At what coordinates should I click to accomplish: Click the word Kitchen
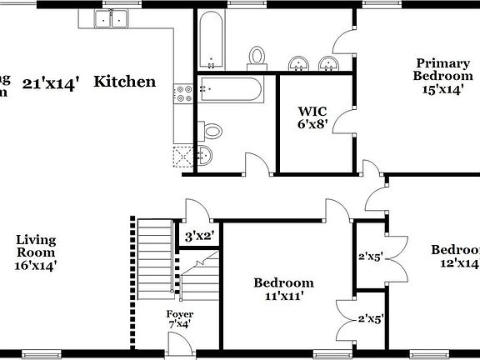[x=124, y=82]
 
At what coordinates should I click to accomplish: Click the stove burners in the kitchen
[x=182, y=94]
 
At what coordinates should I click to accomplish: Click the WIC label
[x=312, y=111]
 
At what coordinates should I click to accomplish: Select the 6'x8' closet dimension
[x=312, y=124]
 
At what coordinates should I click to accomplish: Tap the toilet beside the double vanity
[x=257, y=57]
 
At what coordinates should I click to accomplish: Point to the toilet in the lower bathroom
[x=213, y=131]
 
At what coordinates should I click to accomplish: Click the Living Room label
[x=36, y=246]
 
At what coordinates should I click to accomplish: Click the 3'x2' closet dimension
[x=200, y=237]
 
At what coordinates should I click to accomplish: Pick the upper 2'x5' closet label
[x=370, y=257]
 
